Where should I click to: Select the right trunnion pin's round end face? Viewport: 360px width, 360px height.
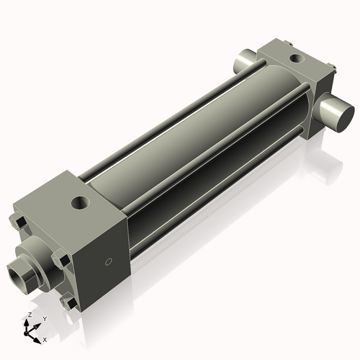coord(338,114)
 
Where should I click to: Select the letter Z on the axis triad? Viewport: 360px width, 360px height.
coord(28,315)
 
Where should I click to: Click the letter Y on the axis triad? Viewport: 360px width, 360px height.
coord(44,318)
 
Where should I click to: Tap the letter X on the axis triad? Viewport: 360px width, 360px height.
coord(45,338)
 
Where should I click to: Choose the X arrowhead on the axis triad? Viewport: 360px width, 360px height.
coord(38,336)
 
